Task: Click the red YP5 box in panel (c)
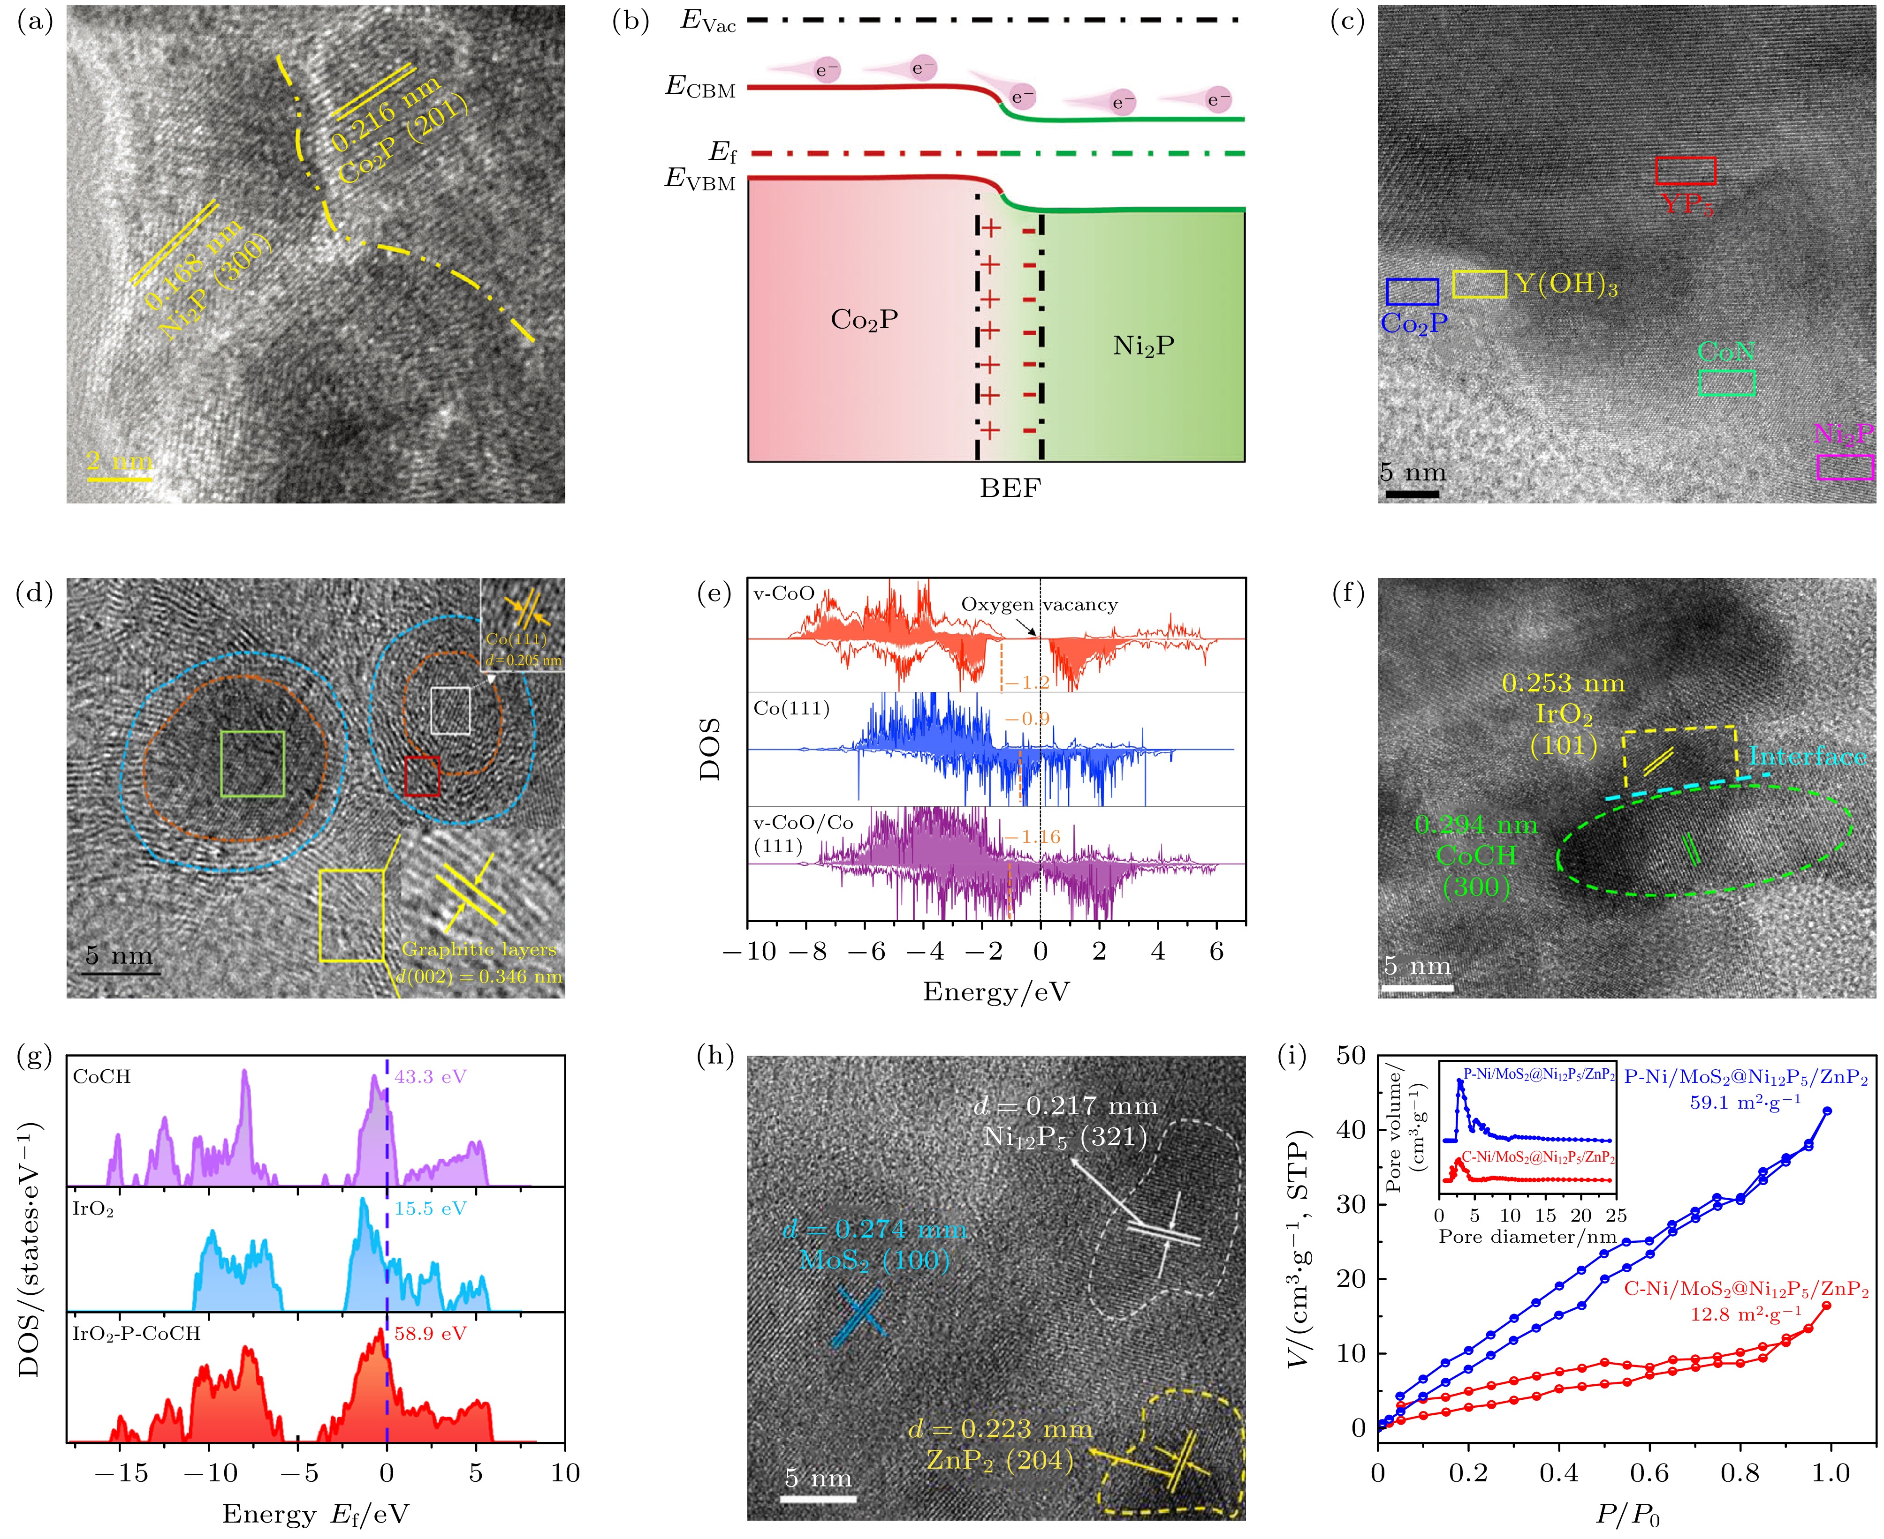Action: click(1685, 170)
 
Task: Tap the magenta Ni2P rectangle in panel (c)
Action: click(1844, 467)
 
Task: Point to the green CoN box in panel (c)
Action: click(1726, 382)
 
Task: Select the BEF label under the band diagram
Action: click(1010, 488)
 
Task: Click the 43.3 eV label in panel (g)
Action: click(430, 1077)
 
